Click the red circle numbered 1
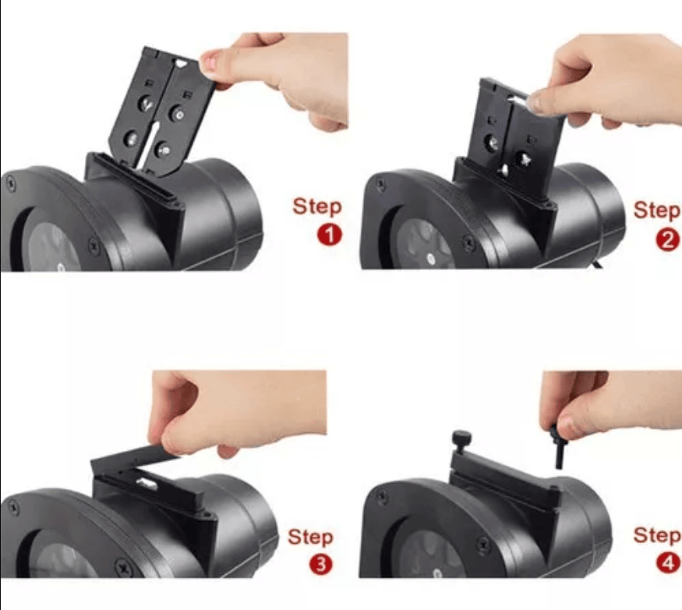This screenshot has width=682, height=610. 329,235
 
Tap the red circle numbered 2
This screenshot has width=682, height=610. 668,241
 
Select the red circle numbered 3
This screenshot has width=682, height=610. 320,565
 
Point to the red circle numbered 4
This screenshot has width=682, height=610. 668,562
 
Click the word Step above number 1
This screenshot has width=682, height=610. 316,207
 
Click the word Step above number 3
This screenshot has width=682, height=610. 310,537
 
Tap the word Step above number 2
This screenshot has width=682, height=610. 657,211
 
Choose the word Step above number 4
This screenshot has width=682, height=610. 657,536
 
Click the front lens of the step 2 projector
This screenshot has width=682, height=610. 421,244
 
